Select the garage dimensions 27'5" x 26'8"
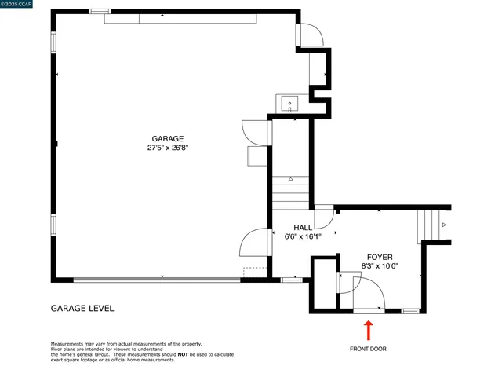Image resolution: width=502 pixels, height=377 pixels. pos(167,148)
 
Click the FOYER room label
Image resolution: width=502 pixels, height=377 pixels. pos(380,257)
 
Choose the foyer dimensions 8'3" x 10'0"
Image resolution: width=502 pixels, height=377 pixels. pos(380,266)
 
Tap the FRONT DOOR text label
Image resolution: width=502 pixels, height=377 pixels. pos(368,349)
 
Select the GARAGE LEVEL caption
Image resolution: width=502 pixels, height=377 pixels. pos(82,308)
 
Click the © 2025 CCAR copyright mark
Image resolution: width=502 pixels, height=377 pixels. pos(18,5)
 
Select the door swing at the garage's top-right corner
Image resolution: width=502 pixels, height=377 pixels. pos(309,35)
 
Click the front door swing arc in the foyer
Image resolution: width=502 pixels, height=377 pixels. pos(369,297)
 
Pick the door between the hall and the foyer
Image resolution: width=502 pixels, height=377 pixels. pos(324,219)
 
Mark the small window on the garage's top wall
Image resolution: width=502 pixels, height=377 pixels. pos(100,11)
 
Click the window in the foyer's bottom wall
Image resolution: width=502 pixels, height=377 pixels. pos(409,311)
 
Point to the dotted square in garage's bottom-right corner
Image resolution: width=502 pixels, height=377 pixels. pos(254,273)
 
